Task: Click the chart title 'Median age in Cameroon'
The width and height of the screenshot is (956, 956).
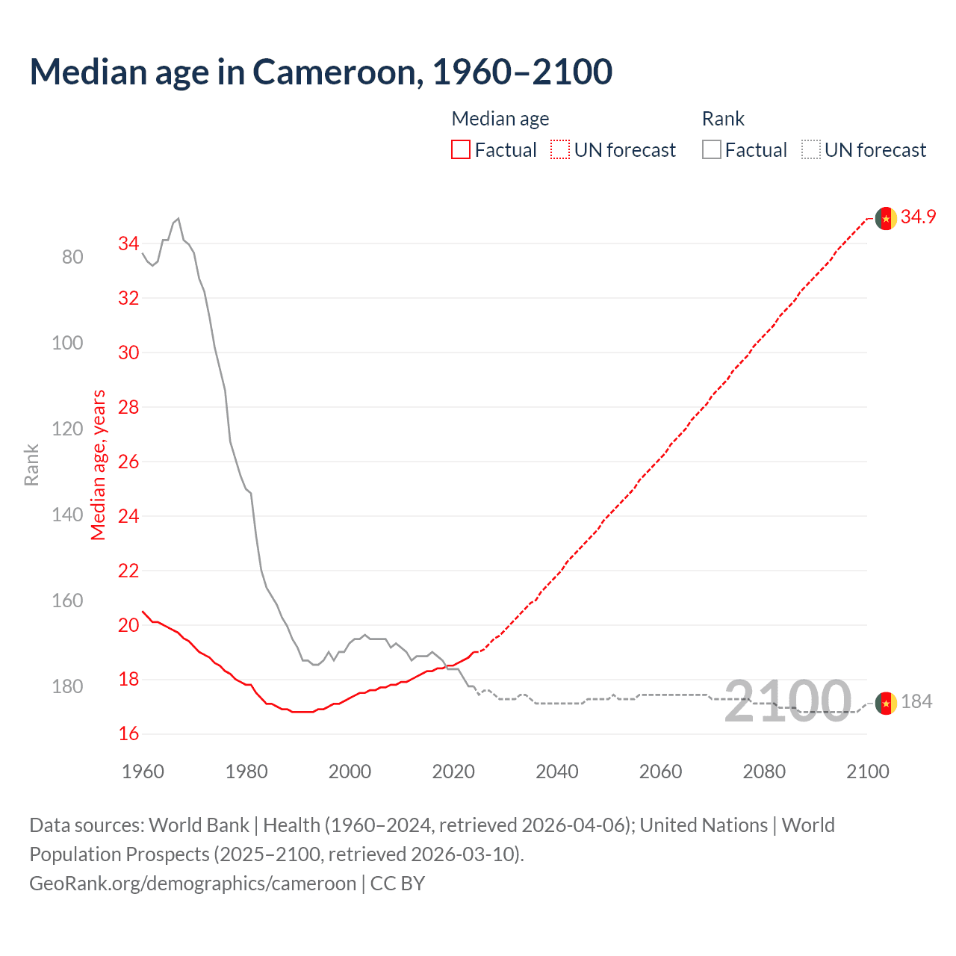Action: (321, 72)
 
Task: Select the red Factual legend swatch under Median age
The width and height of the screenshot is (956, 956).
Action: (461, 150)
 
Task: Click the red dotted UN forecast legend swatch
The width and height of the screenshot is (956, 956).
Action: (560, 150)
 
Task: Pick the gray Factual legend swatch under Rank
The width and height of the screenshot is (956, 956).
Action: (712, 150)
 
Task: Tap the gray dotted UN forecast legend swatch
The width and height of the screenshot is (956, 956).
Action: (811, 150)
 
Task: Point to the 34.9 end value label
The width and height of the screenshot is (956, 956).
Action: (918, 217)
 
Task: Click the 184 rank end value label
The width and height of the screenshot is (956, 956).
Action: (916, 701)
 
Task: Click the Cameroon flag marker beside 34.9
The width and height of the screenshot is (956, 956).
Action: (886, 218)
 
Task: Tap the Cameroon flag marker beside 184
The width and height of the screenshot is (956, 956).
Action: (886, 703)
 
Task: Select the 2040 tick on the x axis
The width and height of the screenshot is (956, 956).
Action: (557, 772)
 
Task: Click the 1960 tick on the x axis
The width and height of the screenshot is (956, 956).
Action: (143, 772)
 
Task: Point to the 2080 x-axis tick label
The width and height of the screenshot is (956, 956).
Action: (764, 772)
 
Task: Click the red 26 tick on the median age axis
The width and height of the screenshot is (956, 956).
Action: (128, 462)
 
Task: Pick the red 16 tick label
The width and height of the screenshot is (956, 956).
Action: (128, 733)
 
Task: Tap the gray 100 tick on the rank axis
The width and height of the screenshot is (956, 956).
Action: (67, 343)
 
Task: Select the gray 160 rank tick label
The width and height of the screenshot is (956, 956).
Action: (67, 600)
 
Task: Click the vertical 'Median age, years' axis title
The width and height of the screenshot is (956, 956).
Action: (99, 465)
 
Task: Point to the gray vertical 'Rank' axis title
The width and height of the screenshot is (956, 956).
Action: (31, 465)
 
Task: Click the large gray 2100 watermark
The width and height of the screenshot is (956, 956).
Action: (788, 701)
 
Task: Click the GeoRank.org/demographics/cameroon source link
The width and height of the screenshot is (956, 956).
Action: (193, 884)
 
